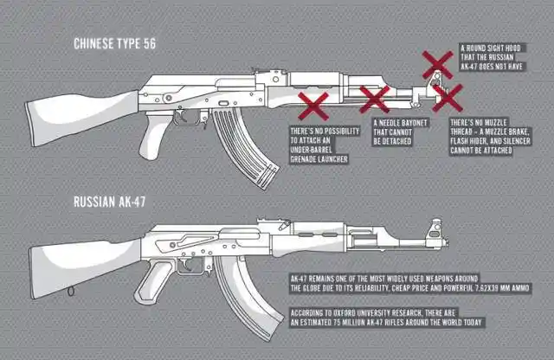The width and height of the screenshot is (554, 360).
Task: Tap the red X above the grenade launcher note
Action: (312, 106)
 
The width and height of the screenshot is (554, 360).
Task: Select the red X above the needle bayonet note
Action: (375, 99)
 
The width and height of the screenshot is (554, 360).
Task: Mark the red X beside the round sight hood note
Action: (437, 63)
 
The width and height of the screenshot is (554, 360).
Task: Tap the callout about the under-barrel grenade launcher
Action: (319, 145)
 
